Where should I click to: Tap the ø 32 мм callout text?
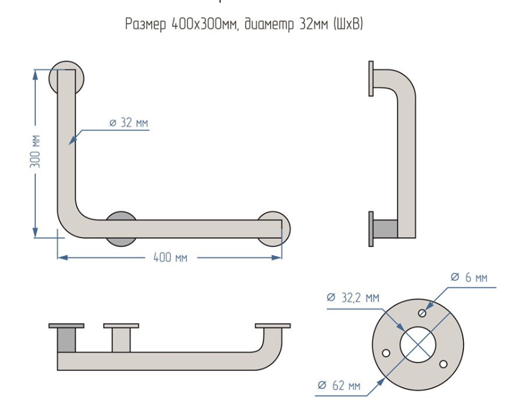click(x=129, y=123)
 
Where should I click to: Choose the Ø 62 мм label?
click(x=339, y=386)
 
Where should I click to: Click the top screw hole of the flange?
click(x=423, y=312)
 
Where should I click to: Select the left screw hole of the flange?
click(x=386, y=353)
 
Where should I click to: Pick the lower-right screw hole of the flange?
click(x=443, y=363)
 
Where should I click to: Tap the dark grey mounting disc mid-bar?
click(x=121, y=228)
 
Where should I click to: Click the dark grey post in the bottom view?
click(x=66, y=340)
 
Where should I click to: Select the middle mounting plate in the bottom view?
click(x=121, y=326)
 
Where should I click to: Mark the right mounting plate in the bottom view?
click(x=273, y=326)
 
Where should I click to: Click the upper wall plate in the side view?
click(x=371, y=79)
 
